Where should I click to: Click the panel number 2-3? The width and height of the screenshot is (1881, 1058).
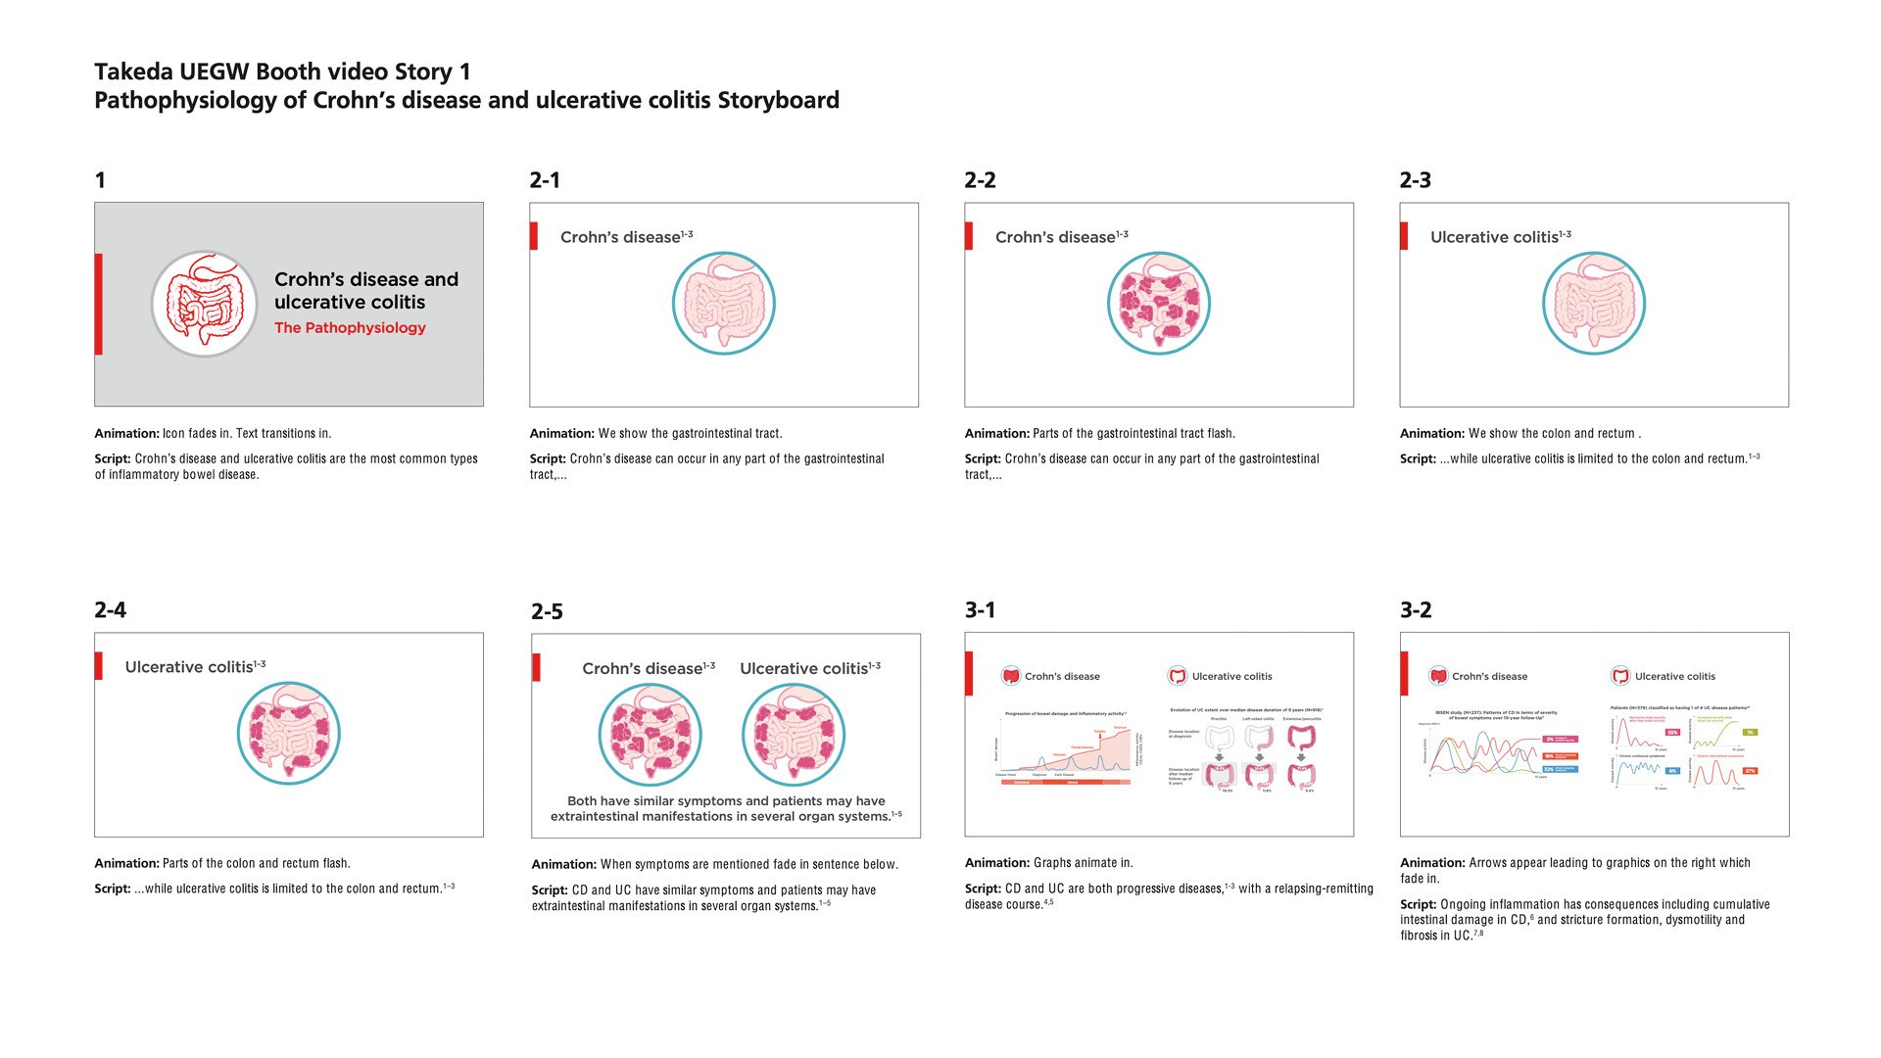pyautogui.click(x=1415, y=180)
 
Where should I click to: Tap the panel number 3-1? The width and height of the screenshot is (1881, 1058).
pyautogui.click(x=980, y=610)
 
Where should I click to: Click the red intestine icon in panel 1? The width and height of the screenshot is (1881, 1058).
pyautogui.click(x=204, y=303)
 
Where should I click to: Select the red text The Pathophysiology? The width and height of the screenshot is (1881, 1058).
pyautogui.click(x=350, y=328)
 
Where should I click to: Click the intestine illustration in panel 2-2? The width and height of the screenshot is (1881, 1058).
pyautogui.click(x=1158, y=304)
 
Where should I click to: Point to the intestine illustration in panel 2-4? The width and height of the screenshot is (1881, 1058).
pyautogui.click(x=288, y=734)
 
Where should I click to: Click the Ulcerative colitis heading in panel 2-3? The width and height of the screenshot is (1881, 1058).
pyautogui.click(x=1499, y=237)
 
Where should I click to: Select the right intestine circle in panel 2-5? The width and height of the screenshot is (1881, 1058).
pyautogui.click(x=793, y=735)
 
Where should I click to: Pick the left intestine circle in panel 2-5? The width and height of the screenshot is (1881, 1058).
pyautogui.click(x=650, y=735)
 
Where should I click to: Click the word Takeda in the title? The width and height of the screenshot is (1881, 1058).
pyautogui.click(x=132, y=72)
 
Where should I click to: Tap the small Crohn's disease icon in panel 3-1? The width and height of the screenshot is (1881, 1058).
pyautogui.click(x=1010, y=676)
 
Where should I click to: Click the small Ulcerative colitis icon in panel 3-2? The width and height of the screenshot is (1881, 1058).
pyautogui.click(x=1620, y=676)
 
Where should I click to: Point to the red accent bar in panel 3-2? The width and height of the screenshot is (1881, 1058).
pyautogui.click(x=1404, y=673)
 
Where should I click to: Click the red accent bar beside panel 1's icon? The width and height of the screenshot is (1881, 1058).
pyautogui.click(x=98, y=304)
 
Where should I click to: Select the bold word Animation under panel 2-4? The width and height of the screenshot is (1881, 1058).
pyautogui.click(x=126, y=863)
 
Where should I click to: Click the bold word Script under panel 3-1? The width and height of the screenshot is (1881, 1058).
pyautogui.click(x=983, y=889)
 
